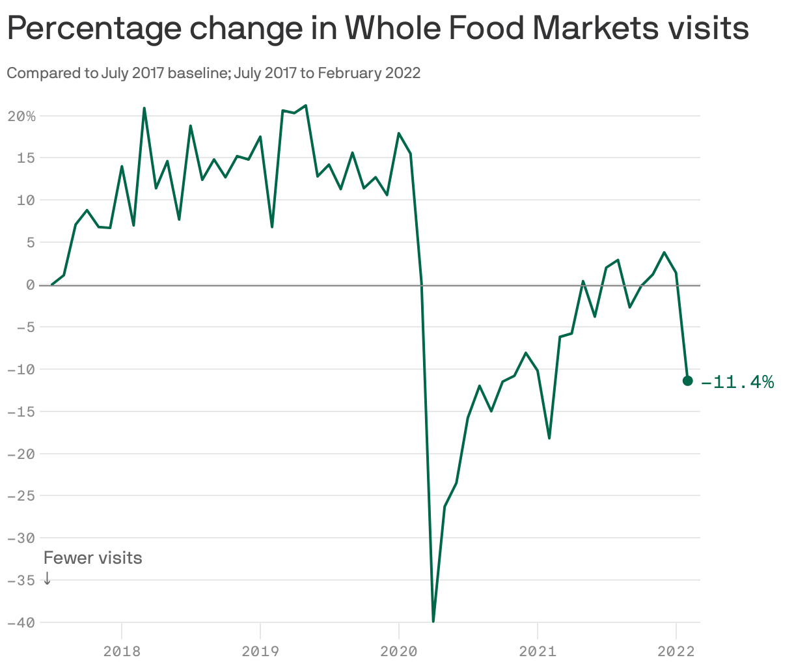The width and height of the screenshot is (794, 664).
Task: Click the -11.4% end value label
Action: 737,381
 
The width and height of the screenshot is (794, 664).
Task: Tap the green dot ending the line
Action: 687,381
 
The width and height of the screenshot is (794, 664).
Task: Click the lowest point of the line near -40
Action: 433,621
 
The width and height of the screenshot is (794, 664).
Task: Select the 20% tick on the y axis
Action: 21,117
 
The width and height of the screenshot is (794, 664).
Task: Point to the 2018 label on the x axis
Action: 122,650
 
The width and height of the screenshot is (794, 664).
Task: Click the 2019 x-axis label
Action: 260,650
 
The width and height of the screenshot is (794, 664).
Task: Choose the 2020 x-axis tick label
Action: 399,650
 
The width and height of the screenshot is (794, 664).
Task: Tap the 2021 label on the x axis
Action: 538,650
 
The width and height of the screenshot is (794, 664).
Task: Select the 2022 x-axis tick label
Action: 676,650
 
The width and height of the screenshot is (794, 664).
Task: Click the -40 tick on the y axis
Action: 21,622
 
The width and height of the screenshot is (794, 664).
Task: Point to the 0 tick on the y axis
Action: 30,285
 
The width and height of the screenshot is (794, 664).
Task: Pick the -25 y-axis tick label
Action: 21,496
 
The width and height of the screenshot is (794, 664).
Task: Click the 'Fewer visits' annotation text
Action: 92,558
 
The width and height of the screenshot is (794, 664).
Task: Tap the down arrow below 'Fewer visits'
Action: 47,578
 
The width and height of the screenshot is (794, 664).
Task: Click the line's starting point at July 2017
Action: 52,284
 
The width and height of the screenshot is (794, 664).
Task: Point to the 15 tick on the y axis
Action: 26,158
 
